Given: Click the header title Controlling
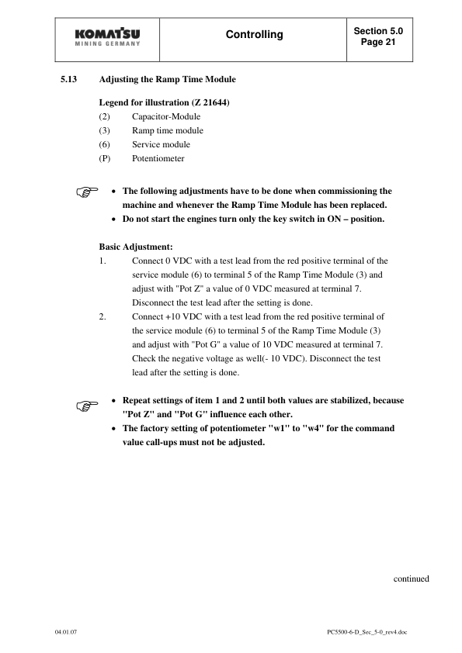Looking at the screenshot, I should point(254,35).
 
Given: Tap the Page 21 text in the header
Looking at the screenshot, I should point(378,43).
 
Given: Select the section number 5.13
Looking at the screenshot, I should point(68,80).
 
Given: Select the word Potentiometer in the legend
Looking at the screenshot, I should point(158,158).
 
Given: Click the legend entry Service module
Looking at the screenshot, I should point(161,144).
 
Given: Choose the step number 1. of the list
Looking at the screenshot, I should point(103,261).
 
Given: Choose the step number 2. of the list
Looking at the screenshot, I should point(103,316).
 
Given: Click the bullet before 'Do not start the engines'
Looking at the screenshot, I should point(115,219).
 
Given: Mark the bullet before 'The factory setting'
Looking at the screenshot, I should point(115,429).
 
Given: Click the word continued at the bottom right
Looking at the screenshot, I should point(411,578).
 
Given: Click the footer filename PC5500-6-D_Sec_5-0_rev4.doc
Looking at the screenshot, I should point(366,632).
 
